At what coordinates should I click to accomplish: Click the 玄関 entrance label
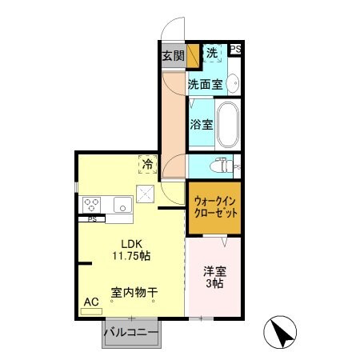coord(173,55)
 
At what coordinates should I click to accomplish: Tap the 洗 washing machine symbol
coord(211,54)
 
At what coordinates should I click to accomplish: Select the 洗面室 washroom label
coord(204,82)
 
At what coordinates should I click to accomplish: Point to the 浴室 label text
coord(201,124)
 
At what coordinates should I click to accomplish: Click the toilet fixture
coord(220,167)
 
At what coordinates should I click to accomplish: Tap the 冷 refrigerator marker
coord(148,163)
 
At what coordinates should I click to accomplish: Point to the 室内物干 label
coord(134,293)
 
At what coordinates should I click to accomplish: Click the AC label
coord(91,302)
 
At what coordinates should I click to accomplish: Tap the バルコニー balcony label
coord(131,332)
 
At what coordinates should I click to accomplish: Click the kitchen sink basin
coord(122,202)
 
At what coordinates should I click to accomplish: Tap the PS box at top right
coord(235,50)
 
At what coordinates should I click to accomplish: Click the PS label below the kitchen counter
coord(92,218)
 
